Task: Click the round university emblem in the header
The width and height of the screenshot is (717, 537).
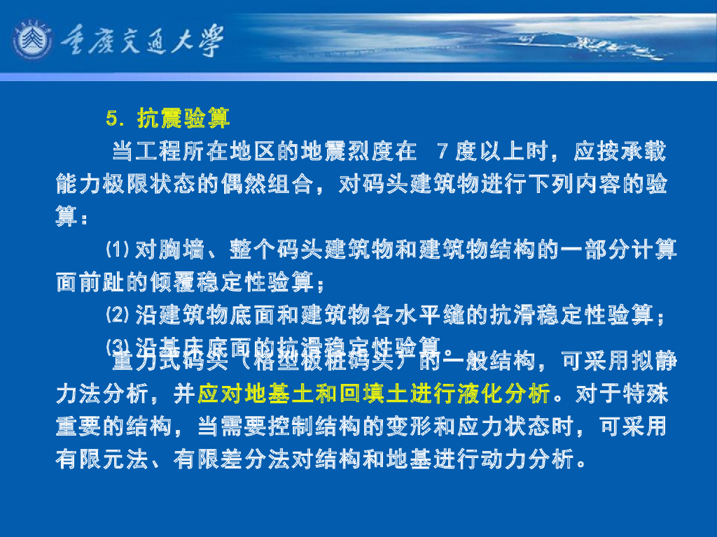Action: [32, 41]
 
